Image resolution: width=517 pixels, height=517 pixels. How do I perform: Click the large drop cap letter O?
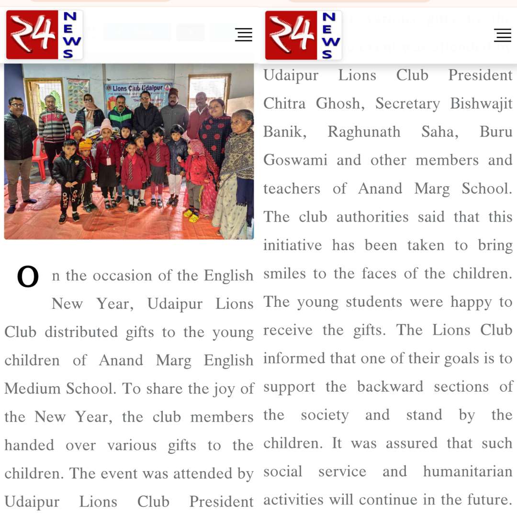(x=28, y=277)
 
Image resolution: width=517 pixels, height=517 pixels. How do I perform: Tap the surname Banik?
(x=285, y=132)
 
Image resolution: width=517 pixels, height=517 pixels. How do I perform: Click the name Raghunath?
(x=364, y=132)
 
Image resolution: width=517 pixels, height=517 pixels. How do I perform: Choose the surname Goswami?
(x=295, y=160)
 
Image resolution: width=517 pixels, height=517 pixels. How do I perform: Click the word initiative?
(x=292, y=245)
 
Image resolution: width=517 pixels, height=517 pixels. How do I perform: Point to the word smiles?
(x=284, y=273)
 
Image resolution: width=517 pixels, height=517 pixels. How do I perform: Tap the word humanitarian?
(x=468, y=472)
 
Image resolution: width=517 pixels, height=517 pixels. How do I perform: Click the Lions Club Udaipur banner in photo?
(x=138, y=90)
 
